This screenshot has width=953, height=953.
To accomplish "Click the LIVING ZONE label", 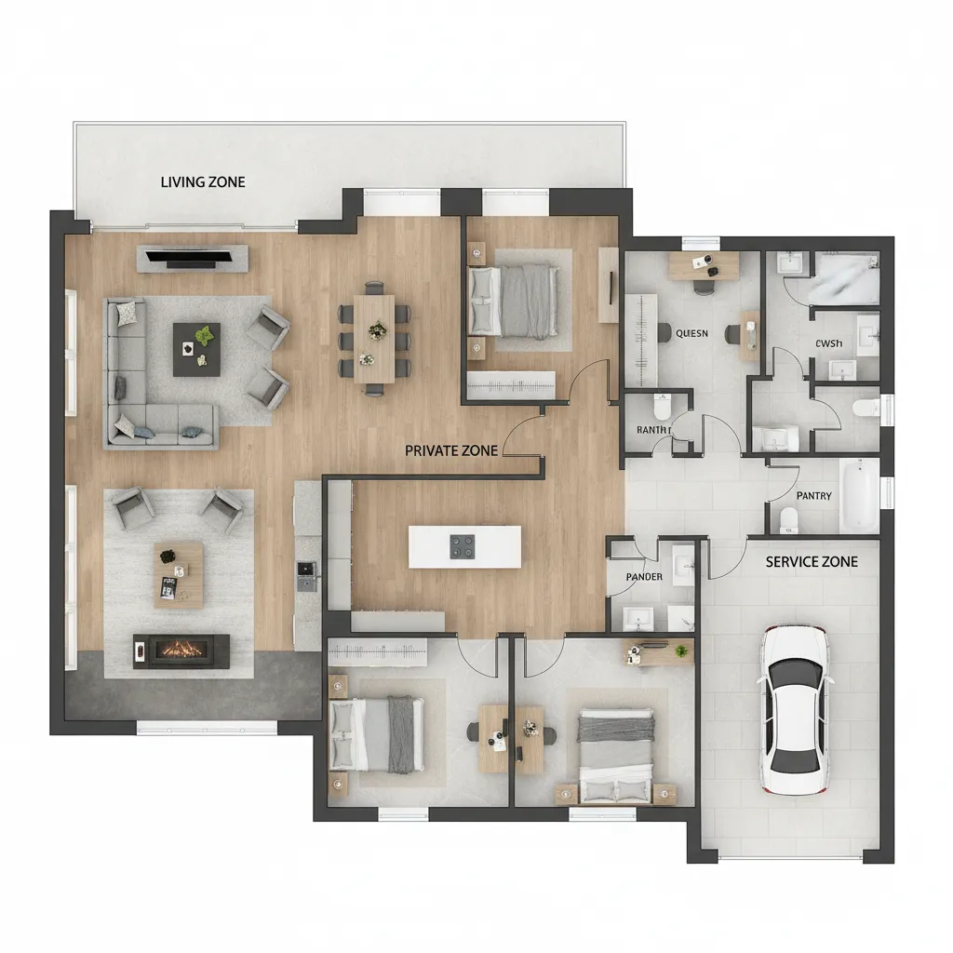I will click(203, 181).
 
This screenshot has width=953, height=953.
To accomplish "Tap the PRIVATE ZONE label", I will click(451, 450).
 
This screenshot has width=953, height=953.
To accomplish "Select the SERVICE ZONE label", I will click(812, 562).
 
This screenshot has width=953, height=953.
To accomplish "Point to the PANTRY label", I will click(814, 496).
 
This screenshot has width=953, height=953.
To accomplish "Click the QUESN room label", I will click(691, 333).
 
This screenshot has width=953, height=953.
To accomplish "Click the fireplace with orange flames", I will click(181, 650).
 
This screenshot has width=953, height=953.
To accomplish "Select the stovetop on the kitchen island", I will click(464, 546).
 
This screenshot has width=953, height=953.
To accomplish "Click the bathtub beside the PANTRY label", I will click(858, 495).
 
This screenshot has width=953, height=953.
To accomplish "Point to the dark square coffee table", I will click(196, 349).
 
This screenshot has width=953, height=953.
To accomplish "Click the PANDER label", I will click(644, 577).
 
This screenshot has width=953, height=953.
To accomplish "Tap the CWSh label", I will click(827, 344).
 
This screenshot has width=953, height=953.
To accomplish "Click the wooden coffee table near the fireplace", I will click(179, 573).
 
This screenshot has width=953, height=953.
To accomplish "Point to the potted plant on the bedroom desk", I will click(682, 651).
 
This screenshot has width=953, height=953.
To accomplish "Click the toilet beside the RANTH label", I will click(663, 407).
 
